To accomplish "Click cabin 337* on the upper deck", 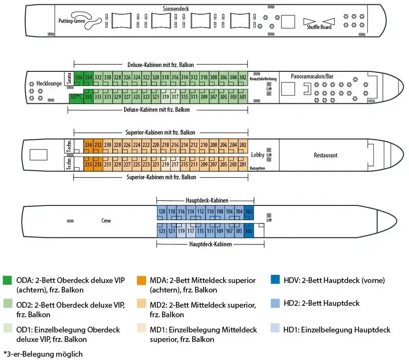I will [74, 97].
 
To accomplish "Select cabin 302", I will [243, 78].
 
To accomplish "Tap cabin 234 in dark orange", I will [88, 145].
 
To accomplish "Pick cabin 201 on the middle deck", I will [243, 165].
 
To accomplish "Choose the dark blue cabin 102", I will [249, 211].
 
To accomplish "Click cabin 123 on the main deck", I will [162, 231].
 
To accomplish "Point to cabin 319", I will [165, 97].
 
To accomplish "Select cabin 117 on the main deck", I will [191, 231].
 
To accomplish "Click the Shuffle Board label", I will [319, 27].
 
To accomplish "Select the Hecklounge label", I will [49, 84].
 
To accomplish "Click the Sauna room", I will [69, 78].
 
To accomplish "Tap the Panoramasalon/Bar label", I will [312, 76].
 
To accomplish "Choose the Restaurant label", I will [326, 156].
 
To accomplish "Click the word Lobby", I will [258, 155].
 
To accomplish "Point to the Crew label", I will [106, 221].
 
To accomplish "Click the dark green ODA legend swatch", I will [8, 280].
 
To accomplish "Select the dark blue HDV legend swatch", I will [274, 280].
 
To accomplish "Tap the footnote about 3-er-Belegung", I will [43, 354].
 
